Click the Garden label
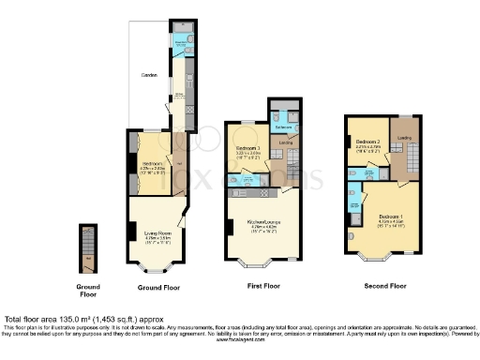tap(148, 74)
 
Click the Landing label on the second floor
tap(405, 138)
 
